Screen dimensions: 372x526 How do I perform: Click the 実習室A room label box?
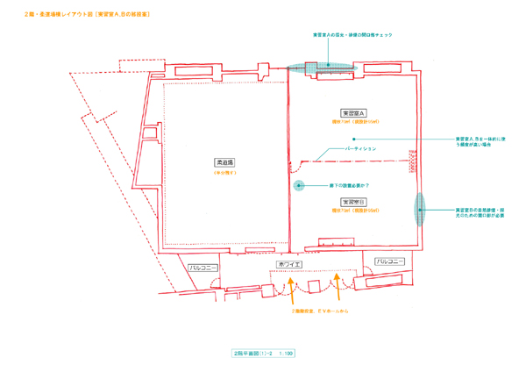(x=353, y=113)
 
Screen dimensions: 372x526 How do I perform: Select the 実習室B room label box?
(x=353, y=202)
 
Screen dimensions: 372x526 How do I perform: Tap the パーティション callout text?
(x=360, y=149)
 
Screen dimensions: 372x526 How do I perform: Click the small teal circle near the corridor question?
(x=299, y=185)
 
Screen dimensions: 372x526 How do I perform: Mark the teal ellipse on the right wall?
(x=420, y=211)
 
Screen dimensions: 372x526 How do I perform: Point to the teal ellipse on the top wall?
(x=325, y=66)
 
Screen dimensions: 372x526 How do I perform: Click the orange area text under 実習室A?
(x=353, y=122)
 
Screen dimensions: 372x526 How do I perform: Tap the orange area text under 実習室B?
(x=353, y=211)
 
